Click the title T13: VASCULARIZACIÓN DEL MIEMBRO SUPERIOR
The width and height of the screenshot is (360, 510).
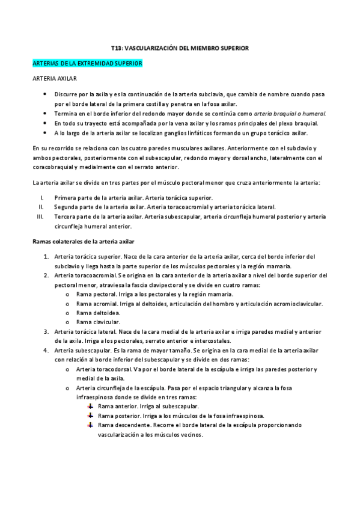pyautogui.click(x=180, y=46)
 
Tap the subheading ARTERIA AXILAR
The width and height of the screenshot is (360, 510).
pyautogui.click(x=54, y=78)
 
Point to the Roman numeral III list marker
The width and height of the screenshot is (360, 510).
pyautogui.click(x=40, y=215)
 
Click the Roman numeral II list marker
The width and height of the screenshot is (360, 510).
pyautogui.click(x=41, y=206)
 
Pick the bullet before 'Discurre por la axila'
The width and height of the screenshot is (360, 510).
pyautogui.click(x=46, y=95)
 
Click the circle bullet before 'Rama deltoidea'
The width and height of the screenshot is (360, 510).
pyautogui.click(x=67, y=313)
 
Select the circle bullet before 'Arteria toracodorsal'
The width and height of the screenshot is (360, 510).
pyautogui.click(x=67, y=369)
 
